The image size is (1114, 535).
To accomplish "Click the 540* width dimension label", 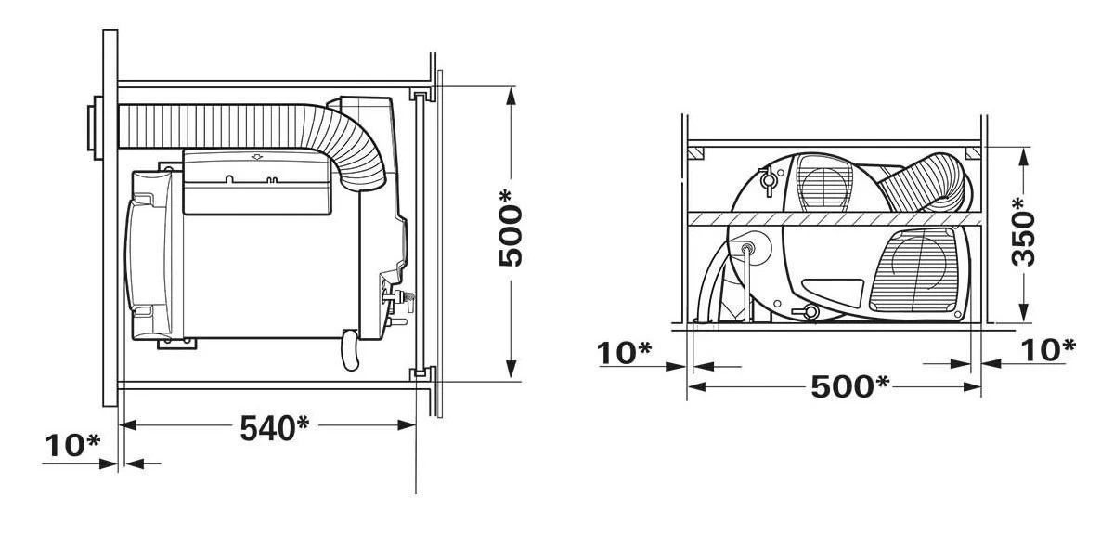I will coord(274,428).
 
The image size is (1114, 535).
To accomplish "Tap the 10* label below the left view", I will coord(71,446).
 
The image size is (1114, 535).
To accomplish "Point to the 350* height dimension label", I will coord(1024,232).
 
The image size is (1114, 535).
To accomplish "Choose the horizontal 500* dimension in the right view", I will coord(849,385).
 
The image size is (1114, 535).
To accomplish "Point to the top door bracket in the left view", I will coord(420,95).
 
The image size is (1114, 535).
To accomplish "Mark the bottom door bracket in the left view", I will coord(420,373).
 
